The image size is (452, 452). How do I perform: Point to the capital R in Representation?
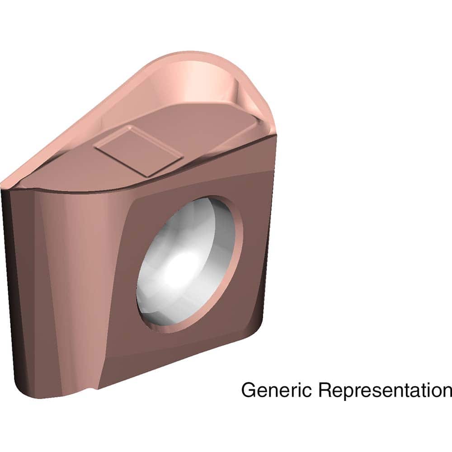click(x=323, y=390)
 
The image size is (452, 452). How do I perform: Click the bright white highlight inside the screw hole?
click(x=181, y=267)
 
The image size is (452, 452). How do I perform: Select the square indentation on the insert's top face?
click(x=138, y=151)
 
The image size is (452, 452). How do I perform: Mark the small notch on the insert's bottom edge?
click(x=93, y=388)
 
